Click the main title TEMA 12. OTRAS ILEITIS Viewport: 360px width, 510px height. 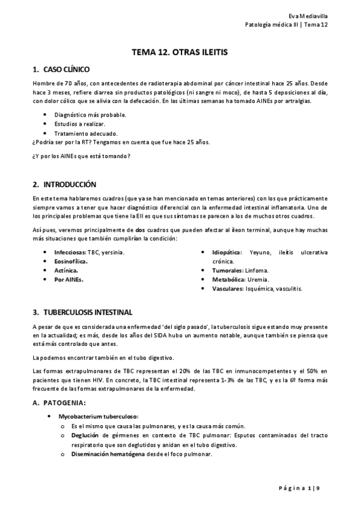click(180, 53)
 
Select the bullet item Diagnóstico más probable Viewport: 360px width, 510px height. click(90, 114)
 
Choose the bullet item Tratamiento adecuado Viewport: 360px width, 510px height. click(86, 133)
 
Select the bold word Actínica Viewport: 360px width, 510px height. click(66, 271)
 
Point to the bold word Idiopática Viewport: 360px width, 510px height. click(227, 252)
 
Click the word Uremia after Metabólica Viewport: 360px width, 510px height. click(260, 280)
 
